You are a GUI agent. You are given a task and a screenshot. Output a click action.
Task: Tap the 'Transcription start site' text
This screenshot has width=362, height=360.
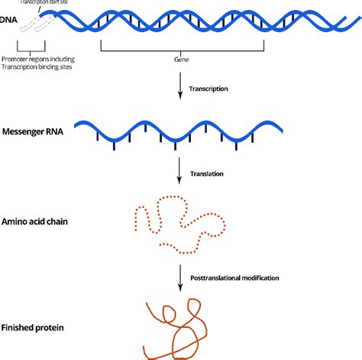tap(50, 3)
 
